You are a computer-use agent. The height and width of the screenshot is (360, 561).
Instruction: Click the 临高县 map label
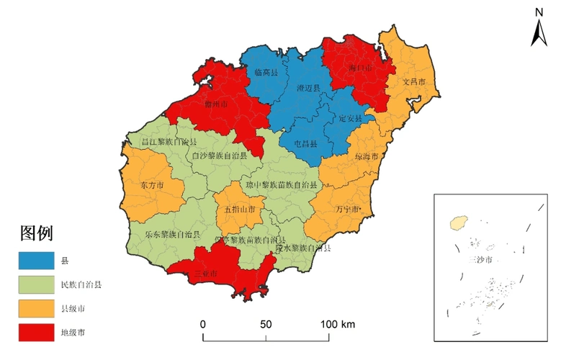pyautogui.click(x=266, y=73)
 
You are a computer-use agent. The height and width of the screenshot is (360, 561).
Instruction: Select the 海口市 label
pyautogui.click(x=360, y=68)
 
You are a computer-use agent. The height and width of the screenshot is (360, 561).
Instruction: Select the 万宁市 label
pyautogui.click(x=348, y=210)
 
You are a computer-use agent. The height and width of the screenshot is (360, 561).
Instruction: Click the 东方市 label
pyautogui.click(x=152, y=186)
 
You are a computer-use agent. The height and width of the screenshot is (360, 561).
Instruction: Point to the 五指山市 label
pyautogui.click(x=240, y=210)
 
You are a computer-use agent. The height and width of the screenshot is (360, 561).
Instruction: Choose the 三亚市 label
pyautogui.click(x=207, y=274)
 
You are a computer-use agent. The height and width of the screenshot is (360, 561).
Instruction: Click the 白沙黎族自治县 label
pyautogui.click(x=220, y=156)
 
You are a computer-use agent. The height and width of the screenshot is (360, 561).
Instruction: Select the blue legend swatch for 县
pyautogui.click(x=36, y=258)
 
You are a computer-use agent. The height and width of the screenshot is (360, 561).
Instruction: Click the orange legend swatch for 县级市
pyautogui.click(x=36, y=308)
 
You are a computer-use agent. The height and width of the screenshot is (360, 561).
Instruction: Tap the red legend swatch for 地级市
pyautogui.click(x=36, y=333)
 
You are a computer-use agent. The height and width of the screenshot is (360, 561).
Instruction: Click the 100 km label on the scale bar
pyautogui.click(x=338, y=325)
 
